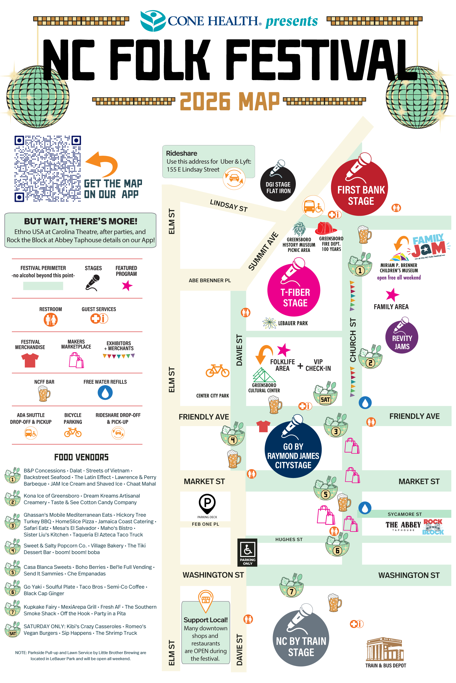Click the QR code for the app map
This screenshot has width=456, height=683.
tap(48, 168)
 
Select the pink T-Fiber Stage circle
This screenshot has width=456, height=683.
tap(294, 290)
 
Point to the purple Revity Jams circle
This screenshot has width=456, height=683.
tap(402, 337)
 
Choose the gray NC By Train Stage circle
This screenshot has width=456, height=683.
tap(301, 638)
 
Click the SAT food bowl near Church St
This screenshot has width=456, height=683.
tap(325, 393)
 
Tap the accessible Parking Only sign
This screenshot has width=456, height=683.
tap(248, 552)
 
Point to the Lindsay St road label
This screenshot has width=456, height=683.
tap(229, 206)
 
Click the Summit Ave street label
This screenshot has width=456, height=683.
tap(263, 251)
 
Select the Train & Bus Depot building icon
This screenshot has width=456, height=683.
tap(385, 649)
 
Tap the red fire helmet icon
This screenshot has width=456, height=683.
tap(326, 228)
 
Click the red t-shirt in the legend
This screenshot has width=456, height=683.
tap(30, 360)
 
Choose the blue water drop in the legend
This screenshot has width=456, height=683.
tap(105, 393)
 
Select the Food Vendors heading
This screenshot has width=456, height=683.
tap(82, 457)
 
